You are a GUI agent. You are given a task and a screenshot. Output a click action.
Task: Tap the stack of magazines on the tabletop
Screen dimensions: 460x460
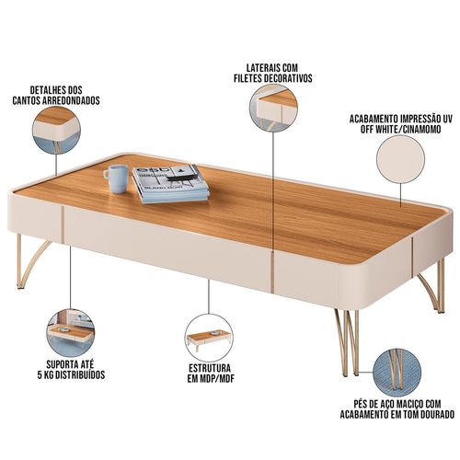pyautogui.click(x=171, y=183)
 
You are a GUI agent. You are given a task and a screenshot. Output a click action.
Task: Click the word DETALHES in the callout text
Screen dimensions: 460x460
pyautogui.click(x=45, y=90)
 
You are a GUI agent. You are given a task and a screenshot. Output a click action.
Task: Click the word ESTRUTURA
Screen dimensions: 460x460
pyautogui.click(x=210, y=368)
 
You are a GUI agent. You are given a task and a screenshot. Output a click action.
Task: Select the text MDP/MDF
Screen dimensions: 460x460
pyautogui.click(x=217, y=378)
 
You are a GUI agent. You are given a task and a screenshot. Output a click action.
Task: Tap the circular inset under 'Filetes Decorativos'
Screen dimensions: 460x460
pyautogui.click(x=273, y=108)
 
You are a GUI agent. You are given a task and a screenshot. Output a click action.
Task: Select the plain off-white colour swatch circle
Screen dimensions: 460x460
pyautogui.click(x=400, y=159)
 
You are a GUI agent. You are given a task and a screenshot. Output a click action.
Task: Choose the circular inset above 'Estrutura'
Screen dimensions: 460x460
pyautogui.click(x=209, y=338)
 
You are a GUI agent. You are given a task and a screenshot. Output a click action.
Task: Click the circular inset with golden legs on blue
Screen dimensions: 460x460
pyautogui.click(x=398, y=373)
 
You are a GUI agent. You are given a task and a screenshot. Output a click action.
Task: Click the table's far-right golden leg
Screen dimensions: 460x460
pyautogui.click(x=432, y=286)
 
